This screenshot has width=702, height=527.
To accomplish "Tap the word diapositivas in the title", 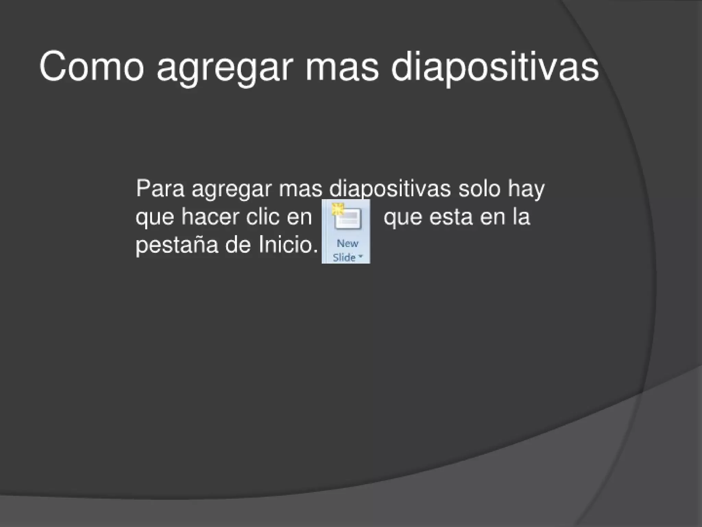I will pyautogui.click(x=495, y=67).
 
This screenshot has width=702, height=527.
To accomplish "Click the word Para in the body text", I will pyautogui.click(x=160, y=188).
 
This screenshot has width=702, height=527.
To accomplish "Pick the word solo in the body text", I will pyautogui.click(x=479, y=188).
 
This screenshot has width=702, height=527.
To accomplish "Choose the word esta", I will pyautogui.click(x=450, y=217).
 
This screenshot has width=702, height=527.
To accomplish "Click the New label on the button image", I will pyautogui.click(x=347, y=243).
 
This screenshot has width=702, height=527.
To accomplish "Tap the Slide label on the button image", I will pyautogui.click(x=344, y=257).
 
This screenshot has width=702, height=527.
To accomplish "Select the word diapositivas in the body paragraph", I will pyautogui.click(x=390, y=189).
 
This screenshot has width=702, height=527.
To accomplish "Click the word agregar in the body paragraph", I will pyautogui.click(x=231, y=190).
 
